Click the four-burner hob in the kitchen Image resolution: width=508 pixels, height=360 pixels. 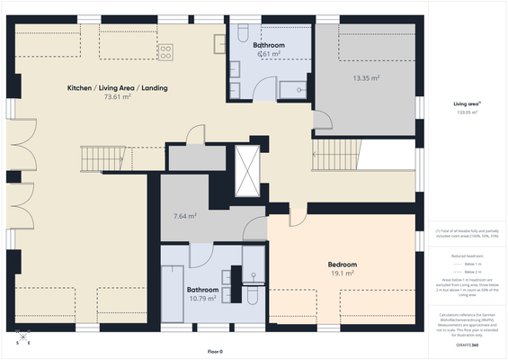pyautogui.click(x=166, y=50)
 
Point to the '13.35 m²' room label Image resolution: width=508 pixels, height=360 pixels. pyautogui.click(x=365, y=78)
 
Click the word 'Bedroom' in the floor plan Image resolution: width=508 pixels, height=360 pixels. pyautogui.click(x=342, y=265)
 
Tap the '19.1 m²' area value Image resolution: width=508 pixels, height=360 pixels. pyautogui.click(x=342, y=274)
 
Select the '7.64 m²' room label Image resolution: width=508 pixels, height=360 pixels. pyautogui.click(x=184, y=216)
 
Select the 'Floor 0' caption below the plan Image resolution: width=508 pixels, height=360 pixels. pyautogui.click(x=214, y=351)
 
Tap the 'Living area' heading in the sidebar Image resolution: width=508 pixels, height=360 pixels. pyautogui.click(x=467, y=104)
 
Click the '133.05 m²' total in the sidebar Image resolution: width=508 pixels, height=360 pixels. pyautogui.click(x=467, y=113)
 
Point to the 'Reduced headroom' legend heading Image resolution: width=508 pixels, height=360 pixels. pyautogui.click(x=468, y=256)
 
